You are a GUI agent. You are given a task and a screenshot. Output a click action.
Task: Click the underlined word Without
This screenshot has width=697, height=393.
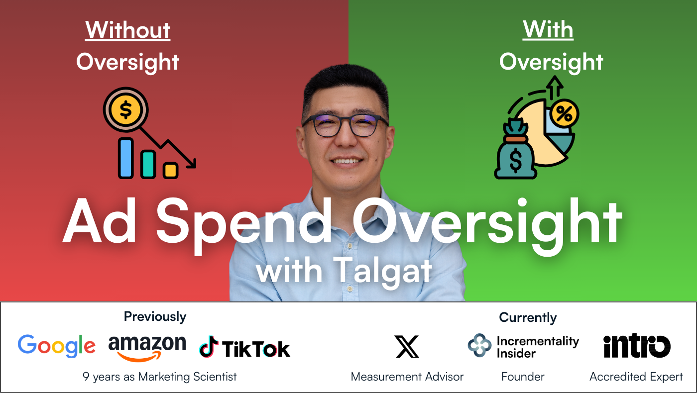(128, 30)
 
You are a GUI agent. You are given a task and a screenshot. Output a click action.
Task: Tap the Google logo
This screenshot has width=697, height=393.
(57, 346)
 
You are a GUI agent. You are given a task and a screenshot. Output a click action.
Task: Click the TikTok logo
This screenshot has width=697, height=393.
(244, 347)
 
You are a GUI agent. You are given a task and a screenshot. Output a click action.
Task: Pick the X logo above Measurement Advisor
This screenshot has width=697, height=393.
(407, 346)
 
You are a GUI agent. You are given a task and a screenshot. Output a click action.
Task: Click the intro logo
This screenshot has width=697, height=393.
(637, 346)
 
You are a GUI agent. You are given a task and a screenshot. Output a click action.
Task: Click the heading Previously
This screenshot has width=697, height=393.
(155, 316)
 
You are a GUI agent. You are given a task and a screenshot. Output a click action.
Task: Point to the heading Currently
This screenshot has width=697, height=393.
(528, 317)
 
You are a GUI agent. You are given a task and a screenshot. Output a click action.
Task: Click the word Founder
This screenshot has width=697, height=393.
(523, 377)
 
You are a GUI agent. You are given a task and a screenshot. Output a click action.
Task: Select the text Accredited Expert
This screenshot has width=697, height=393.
(636, 377)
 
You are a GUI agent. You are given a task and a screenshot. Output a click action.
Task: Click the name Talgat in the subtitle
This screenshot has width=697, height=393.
(382, 271)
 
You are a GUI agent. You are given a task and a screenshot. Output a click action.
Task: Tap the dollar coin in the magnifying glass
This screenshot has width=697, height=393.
(125, 110)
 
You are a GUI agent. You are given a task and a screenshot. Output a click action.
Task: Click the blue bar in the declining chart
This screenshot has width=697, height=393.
(125, 158)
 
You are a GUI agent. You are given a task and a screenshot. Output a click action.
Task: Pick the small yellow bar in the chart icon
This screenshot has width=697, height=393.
(170, 170)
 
